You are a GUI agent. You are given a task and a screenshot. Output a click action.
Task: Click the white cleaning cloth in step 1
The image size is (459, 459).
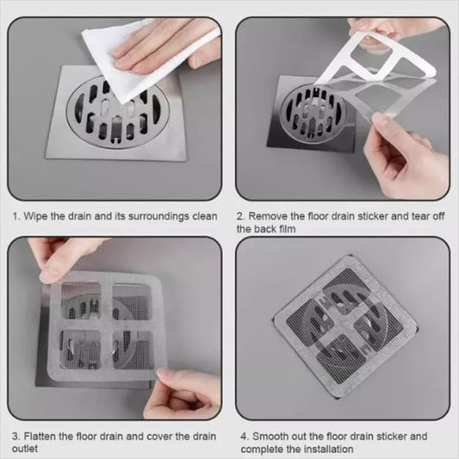[x=121, y=69]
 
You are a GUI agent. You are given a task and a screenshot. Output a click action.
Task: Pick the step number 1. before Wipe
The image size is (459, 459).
[x=16, y=216]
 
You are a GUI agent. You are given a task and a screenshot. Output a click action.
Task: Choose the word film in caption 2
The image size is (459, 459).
[x=291, y=229]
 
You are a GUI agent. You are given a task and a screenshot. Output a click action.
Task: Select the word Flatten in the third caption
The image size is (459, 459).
[x=42, y=436]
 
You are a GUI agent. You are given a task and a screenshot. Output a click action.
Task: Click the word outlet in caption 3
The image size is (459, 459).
[x=27, y=449]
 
